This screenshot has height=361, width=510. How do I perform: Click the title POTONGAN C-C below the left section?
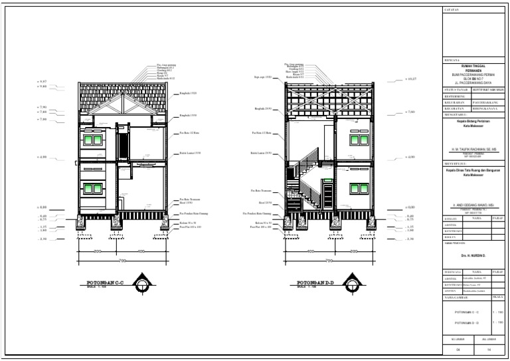coord(104,281)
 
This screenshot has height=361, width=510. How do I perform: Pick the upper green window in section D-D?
coord(346,140)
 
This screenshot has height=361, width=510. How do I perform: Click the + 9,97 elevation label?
coord(44,81)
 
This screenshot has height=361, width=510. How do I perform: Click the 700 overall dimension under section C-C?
coord(122,260)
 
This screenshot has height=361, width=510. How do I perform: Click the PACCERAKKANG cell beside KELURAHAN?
coord(487,103)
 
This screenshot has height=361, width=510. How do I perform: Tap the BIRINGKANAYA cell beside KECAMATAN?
coord(487,109)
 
